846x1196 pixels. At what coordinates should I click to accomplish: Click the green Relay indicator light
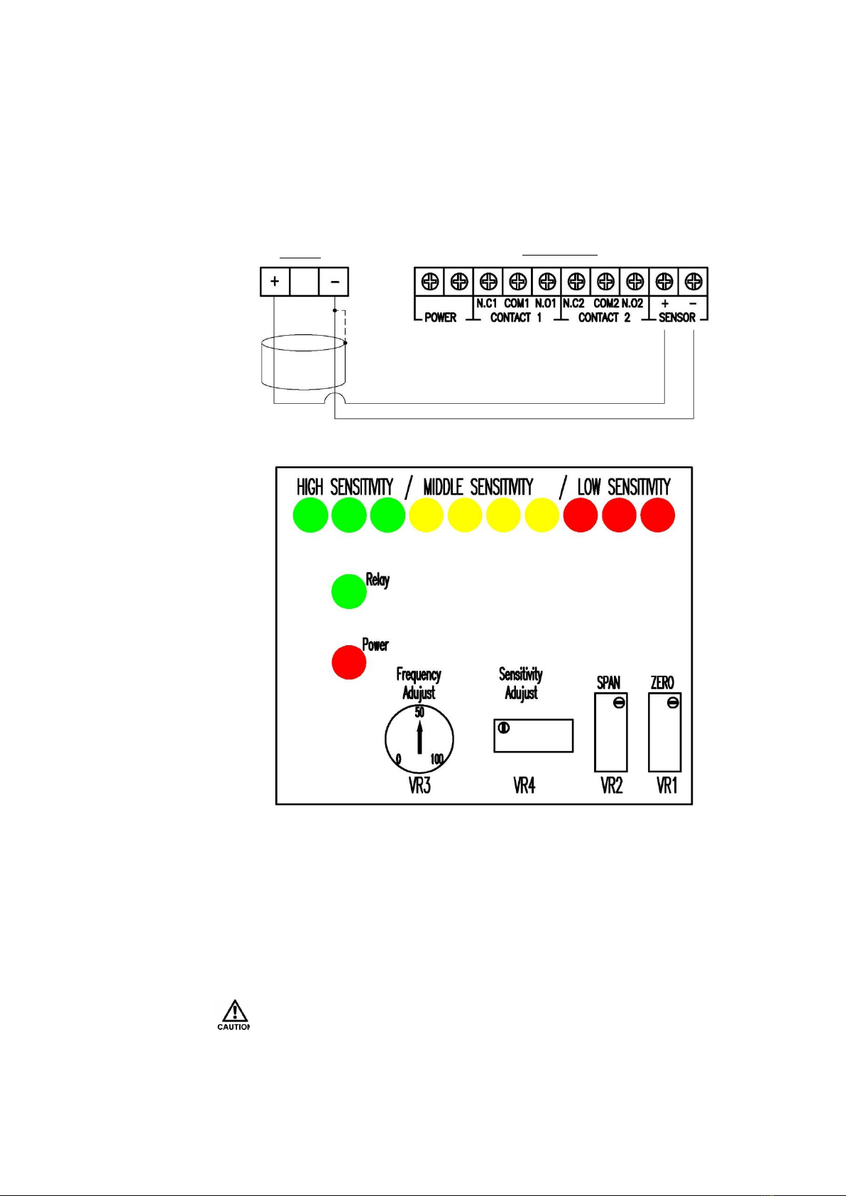click(x=348, y=591)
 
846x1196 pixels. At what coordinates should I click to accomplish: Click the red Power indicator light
click(x=348, y=662)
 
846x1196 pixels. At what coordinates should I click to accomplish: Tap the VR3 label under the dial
click(x=419, y=786)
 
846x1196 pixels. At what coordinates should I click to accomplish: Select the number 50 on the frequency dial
click(x=419, y=712)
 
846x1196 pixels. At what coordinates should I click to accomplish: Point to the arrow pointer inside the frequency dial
click(x=419, y=737)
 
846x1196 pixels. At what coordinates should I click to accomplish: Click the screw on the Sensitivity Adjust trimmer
click(x=503, y=728)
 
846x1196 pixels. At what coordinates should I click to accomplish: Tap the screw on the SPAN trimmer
click(x=619, y=703)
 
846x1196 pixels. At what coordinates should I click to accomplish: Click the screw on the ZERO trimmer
click(x=673, y=703)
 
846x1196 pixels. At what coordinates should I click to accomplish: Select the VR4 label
click(x=524, y=786)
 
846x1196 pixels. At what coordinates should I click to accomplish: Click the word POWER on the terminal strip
click(x=440, y=318)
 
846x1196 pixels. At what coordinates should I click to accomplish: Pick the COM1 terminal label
click(x=517, y=303)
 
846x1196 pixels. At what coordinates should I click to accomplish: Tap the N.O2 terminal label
click(x=632, y=303)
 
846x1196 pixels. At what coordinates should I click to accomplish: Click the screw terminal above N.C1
click(x=488, y=281)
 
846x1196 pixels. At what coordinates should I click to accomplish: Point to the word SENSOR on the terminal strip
click(x=677, y=318)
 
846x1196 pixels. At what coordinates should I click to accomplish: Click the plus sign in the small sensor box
click(x=275, y=281)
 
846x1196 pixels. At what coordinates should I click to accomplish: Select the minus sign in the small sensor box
click(x=335, y=281)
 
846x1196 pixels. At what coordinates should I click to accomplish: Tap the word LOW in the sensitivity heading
click(x=589, y=487)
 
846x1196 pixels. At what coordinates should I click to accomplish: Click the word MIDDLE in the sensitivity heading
click(x=443, y=487)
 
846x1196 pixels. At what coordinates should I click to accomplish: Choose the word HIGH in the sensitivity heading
click(x=309, y=487)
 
